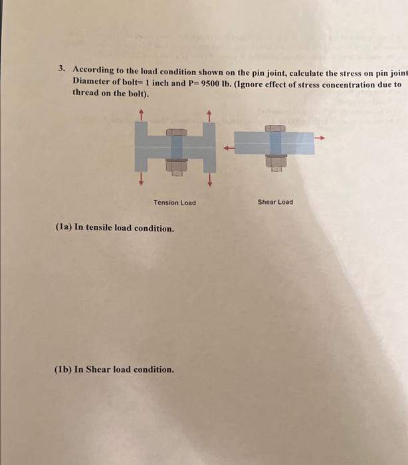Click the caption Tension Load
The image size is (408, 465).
(175, 203)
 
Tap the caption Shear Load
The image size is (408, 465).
(275, 202)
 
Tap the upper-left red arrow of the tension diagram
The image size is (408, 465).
(141, 115)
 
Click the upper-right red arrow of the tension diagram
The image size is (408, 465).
(209, 115)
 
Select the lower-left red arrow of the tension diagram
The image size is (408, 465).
(141, 179)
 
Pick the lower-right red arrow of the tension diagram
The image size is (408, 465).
(209, 179)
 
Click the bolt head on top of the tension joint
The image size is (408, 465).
(175, 131)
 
